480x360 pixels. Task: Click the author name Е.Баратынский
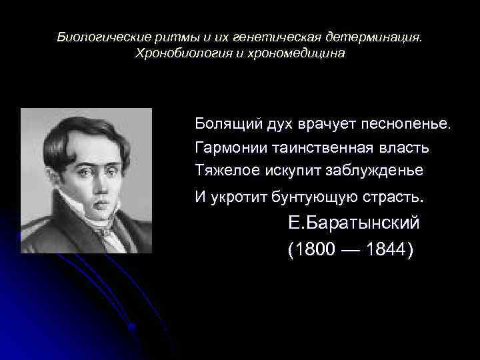click(x=353, y=223)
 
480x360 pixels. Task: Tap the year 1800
click(x=313, y=250)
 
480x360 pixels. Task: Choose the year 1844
click(x=387, y=250)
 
